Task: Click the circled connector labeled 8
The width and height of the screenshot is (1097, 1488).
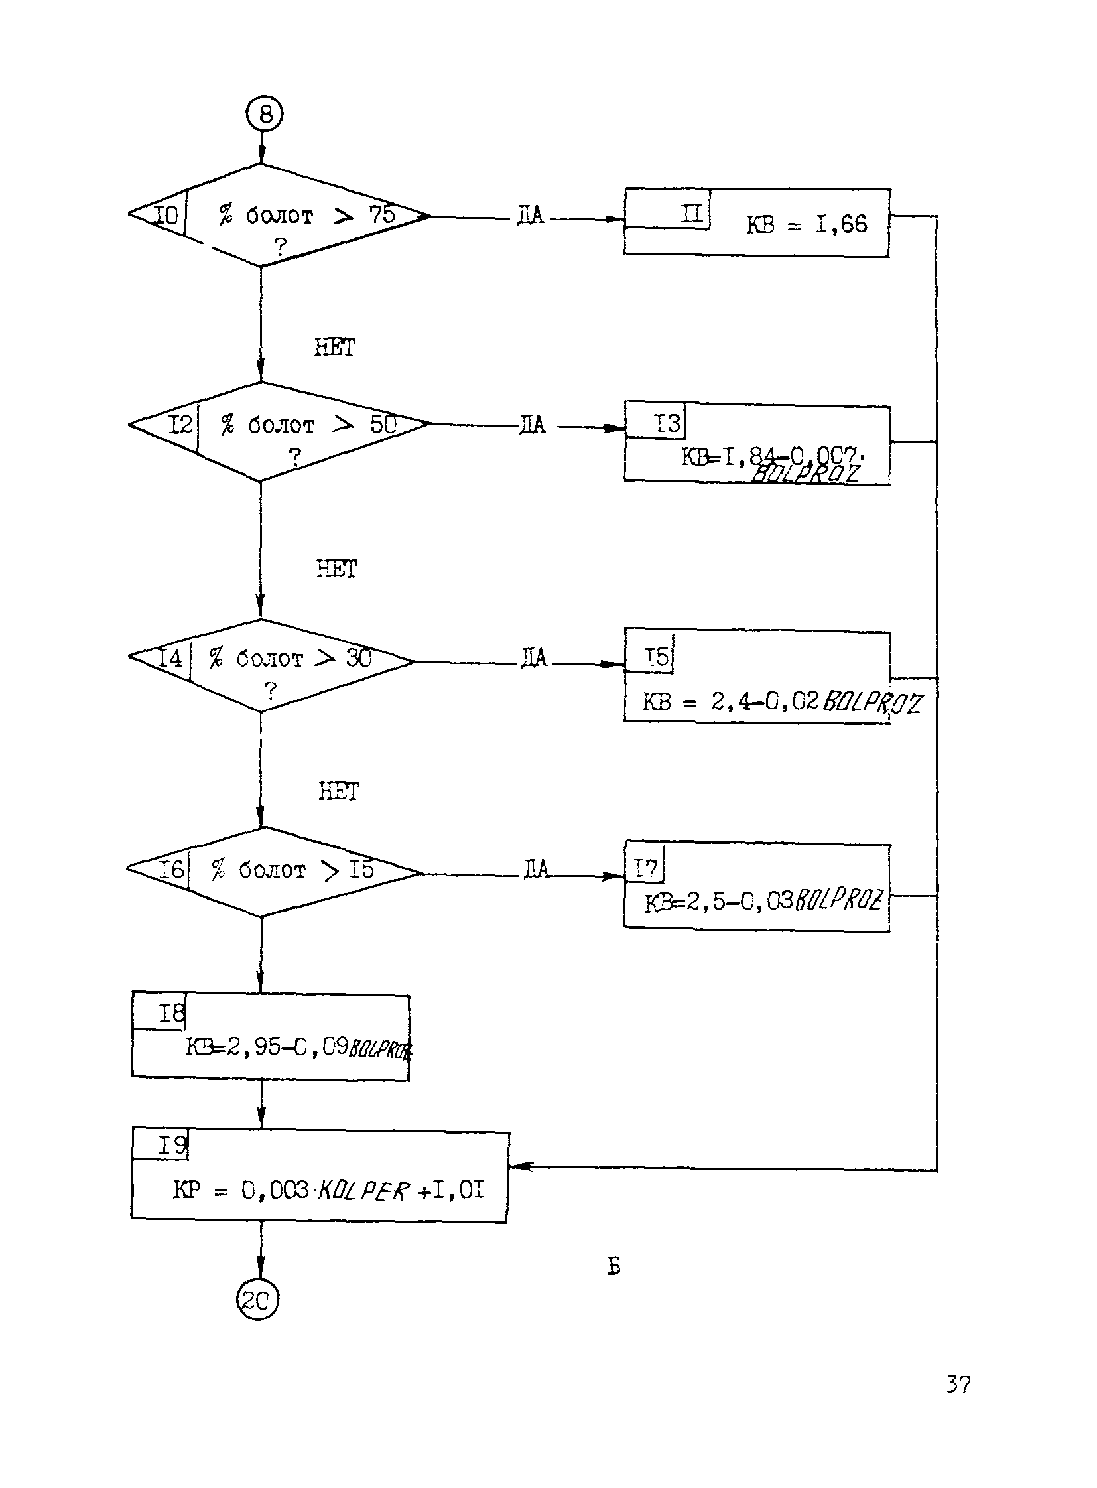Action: pos(264,114)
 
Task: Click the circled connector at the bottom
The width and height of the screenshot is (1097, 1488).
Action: pos(257,1299)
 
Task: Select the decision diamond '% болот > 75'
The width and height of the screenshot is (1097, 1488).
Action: pos(279,215)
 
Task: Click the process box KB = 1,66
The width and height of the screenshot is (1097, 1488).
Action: pos(756,223)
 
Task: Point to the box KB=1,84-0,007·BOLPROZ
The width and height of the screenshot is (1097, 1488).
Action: pos(756,444)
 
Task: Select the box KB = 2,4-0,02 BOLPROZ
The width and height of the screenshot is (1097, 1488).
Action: pos(756,676)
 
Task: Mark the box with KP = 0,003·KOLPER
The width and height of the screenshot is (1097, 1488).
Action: pos(320,1176)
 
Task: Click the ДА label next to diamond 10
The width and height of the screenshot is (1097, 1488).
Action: pos(530,215)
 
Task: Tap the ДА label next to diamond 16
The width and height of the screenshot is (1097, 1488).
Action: pos(536,868)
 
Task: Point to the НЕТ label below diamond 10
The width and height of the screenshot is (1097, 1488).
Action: pos(335,347)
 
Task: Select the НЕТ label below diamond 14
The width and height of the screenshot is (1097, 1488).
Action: pos(338,791)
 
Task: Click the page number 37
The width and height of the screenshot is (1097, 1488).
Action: pos(958,1385)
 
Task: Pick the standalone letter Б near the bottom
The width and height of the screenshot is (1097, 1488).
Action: pos(614,1267)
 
